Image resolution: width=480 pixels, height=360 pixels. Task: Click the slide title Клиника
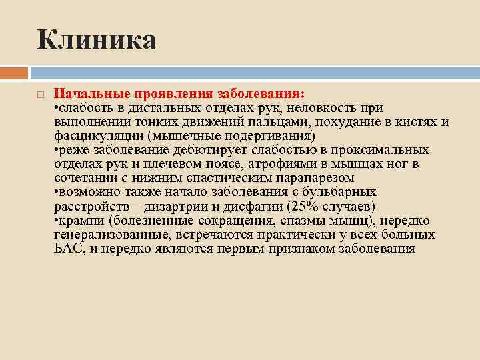click(x=97, y=39)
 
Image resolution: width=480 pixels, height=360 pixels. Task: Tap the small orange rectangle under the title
click(x=14, y=72)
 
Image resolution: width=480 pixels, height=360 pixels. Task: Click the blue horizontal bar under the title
click(x=253, y=72)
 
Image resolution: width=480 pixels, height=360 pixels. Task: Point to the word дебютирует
click(x=225, y=149)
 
